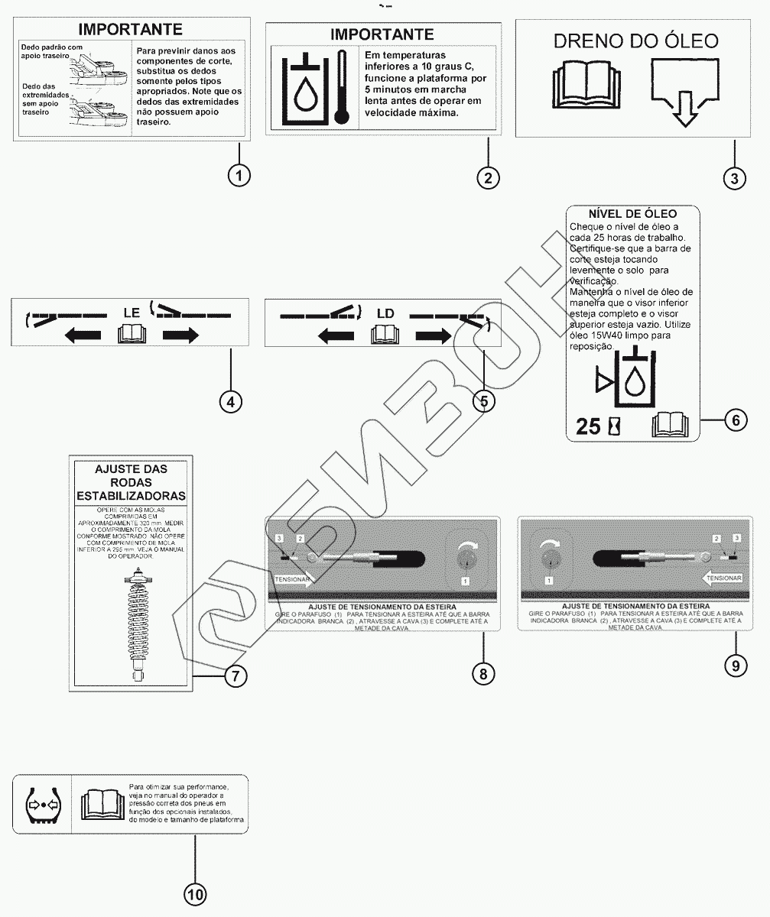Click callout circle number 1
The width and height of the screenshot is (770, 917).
(x=239, y=175)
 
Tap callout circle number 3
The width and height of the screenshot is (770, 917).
(x=734, y=178)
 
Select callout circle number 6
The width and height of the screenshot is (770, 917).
(x=735, y=420)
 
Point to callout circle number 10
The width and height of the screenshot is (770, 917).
(x=195, y=894)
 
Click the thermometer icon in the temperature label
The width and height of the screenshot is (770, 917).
(x=341, y=86)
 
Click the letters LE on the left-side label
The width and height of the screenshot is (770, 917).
(x=132, y=312)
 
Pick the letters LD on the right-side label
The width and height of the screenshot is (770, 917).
(x=385, y=313)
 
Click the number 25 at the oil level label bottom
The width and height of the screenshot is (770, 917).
(x=588, y=426)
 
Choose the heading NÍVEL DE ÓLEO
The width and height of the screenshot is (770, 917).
(x=632, y=214)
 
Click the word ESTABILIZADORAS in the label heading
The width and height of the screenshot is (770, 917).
(x=131, y=496)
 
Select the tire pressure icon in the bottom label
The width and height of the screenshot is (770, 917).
(x=41, y=805)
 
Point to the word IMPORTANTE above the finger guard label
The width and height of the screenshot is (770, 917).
(x=131, y=30)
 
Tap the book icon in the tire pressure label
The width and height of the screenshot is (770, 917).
(x=102, y=805)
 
